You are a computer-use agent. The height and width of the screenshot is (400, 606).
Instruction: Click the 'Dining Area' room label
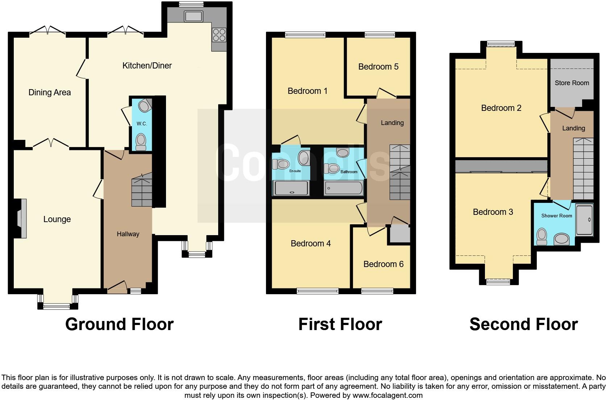pyautogui.click(x=50, y=92)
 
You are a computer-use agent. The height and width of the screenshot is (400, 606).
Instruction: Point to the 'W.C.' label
pyautogui.click(x=142, y=124)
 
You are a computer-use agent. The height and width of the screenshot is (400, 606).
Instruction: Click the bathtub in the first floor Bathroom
pyautogui.click(x=343, y=188)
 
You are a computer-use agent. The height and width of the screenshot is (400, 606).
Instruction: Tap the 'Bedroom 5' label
pyautogui.click(x=378, y=67)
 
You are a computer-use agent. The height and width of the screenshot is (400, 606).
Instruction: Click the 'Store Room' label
pyautogui.click(x=572, y=83)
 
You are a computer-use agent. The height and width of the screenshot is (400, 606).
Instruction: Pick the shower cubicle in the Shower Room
pyautogui.click(x=584, y=220)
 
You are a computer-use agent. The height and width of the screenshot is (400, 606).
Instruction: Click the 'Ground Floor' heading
pyautogui.click(x=119, y=324)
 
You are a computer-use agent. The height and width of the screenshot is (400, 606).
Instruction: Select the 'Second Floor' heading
pyautogui.click(x=523, y=324)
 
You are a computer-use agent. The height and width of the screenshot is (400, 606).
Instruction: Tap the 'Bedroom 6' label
pyautogui.click(x=383, y=264)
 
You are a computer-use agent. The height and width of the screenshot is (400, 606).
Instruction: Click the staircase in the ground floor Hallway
pyautogui.click(x=142, y=192)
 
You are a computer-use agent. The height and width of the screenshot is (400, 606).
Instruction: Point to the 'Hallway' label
pyautogui.click(x=128, y=234)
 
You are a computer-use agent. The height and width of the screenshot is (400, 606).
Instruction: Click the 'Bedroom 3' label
pyautogui.click(x=493, y=212)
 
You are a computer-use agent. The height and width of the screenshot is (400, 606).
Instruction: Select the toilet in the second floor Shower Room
pyautogui.click(x=542, y=236)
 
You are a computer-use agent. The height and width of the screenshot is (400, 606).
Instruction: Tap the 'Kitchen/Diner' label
pyautogui.click(x=147, y=66)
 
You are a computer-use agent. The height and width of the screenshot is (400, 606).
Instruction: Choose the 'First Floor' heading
pyautogui.click(x=340, y=324)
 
